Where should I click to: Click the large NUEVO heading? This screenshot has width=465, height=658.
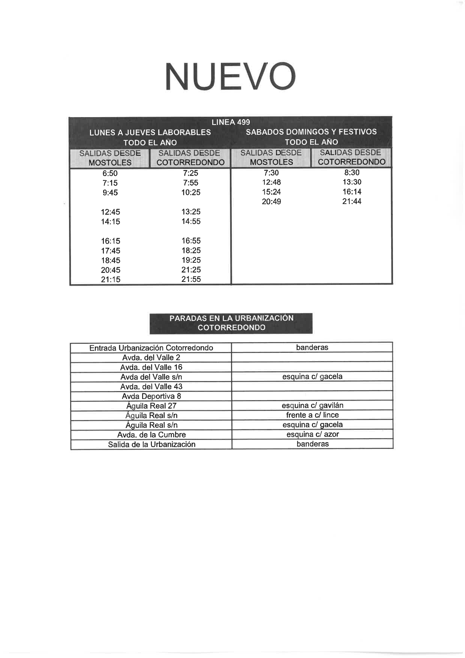[230, 77]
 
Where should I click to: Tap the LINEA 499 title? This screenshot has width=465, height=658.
[231, 122]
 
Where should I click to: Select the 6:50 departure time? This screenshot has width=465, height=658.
[110, 173]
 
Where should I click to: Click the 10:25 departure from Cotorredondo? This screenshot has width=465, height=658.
[191, 193]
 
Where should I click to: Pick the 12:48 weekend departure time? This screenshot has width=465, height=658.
[271, 182]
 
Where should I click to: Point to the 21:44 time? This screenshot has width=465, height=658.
[352, 202]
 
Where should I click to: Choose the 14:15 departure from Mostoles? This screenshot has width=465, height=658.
[110, 222]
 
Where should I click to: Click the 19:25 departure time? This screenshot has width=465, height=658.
[191, 260]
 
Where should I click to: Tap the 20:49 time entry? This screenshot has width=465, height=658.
[271, 202]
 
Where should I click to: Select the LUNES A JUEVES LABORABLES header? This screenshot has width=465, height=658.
[150, 132]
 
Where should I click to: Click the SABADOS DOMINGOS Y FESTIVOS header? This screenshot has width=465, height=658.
[311, 132]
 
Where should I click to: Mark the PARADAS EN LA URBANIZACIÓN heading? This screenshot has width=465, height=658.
[231, 318]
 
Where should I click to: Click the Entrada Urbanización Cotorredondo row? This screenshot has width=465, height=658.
[151, 348]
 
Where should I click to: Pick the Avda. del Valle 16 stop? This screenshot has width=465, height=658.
[151, 367]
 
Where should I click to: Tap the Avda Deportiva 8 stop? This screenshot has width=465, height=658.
[151, 396]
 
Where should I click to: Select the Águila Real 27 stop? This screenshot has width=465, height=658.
[151, 406]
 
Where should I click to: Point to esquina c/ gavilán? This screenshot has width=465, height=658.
[312, 405]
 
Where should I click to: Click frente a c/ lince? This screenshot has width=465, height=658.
[312, 415]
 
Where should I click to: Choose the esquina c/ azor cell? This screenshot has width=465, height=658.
[312, 435]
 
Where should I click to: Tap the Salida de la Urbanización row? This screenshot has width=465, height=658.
[151, 444]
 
